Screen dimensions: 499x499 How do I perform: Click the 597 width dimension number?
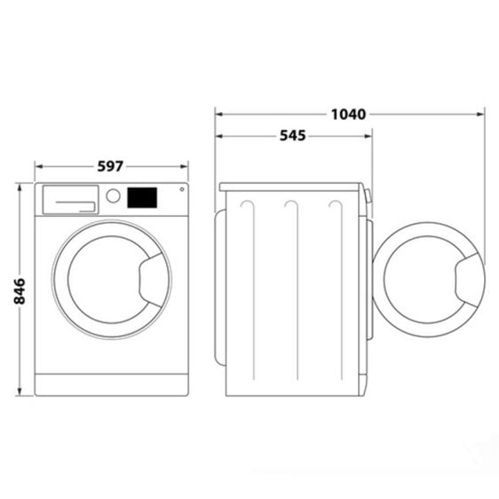point(111,166)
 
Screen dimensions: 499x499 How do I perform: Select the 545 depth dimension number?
point(292,136)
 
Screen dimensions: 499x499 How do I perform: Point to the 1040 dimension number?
point(349,114)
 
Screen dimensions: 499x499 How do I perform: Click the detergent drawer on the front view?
point(70,200)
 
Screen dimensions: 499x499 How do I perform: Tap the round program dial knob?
point(113,196)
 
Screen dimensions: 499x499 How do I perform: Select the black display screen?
point(142,196)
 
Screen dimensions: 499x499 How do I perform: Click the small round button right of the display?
point(182,188)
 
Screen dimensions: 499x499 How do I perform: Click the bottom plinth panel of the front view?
point(112,384)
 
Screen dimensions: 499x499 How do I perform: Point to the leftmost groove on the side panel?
point(247,206)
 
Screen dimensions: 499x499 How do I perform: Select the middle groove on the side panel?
point(290,206)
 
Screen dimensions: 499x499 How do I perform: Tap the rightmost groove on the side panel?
point(335,206)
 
